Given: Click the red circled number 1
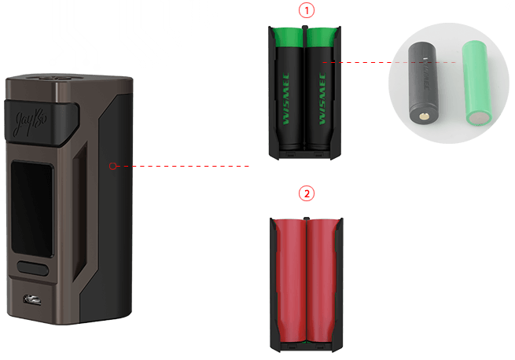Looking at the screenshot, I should [307, 11].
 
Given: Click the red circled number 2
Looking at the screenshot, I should [307, 193].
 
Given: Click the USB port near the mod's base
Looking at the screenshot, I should [32, 299].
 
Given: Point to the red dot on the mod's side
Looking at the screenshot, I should [113, 166].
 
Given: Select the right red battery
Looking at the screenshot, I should [322, 283].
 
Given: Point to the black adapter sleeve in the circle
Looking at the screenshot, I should [421, 83].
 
